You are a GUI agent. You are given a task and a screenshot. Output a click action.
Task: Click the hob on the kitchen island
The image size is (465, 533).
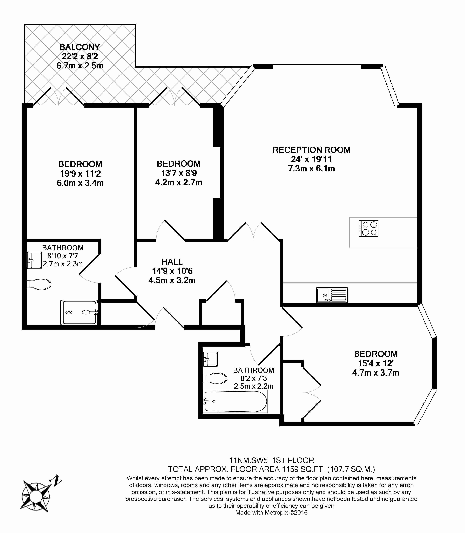tap(368, 228)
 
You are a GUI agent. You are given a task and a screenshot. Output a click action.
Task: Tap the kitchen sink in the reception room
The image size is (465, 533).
tap(332, 295)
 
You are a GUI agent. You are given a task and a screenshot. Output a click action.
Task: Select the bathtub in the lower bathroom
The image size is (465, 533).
tap(235, 401)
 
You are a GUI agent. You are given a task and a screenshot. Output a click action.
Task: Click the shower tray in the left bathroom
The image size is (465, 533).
tap(79, 312)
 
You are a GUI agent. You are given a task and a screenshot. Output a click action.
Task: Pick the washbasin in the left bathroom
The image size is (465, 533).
tap(34, 260)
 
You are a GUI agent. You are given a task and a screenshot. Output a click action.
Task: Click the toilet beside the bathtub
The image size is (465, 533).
tap(215, 378)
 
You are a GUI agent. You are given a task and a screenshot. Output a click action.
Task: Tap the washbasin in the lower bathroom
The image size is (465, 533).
tap(210, 359)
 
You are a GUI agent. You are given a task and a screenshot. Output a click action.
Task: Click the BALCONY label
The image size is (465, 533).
tap(80, 47)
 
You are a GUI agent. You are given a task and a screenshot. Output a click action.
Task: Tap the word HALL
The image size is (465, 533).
tap(172, 262)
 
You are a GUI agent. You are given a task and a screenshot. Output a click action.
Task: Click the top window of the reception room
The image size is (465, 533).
tap(317, 67)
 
